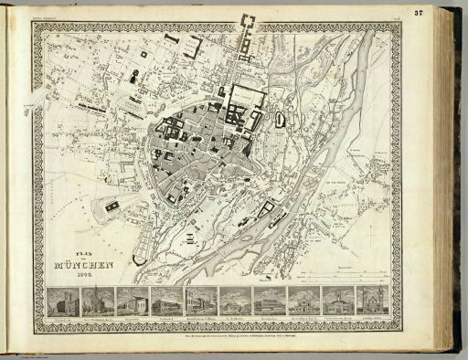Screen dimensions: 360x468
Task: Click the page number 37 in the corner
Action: [x=444, y=13]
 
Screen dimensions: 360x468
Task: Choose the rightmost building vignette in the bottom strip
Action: [x=372, y=301]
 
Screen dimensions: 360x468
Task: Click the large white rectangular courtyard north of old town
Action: [x=246, y=95]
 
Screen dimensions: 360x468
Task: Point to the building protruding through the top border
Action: [x=249, y=22]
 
